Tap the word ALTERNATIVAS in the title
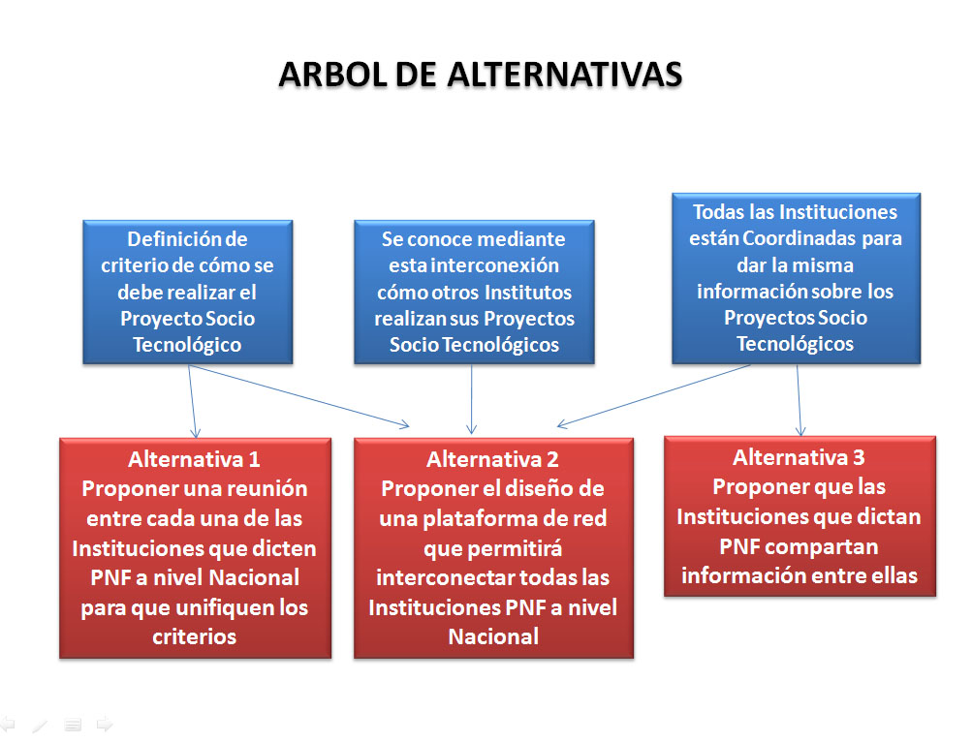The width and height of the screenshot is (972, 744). [565, 75]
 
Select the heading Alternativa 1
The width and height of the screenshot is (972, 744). [194, 459]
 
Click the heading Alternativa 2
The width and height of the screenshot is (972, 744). [492, 459]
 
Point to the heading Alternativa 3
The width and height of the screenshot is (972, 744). [799, 457]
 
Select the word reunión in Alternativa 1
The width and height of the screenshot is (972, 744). [259, 488]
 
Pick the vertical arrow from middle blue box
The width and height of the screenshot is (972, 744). [472, 398]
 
